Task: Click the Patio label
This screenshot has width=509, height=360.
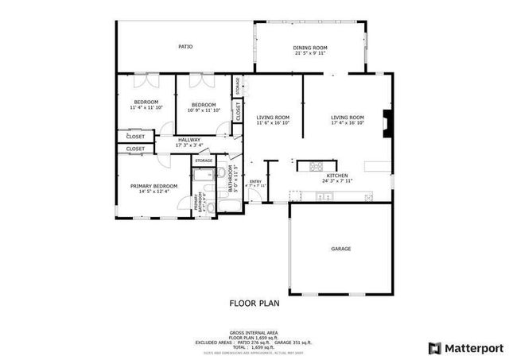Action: click(x=185, y=47)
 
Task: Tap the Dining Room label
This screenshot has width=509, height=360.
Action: click(x=311, y=48)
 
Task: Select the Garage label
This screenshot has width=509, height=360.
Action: click(x=341, y=249)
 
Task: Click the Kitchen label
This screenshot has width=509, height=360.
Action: click(x=336, y=175)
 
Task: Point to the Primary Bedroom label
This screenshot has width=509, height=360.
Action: click(x=154, y=186)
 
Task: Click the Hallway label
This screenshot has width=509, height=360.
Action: click(x=189, y=140)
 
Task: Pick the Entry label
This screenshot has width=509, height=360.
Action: click(x=255, y=181)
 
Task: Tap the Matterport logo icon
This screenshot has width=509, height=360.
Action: click(x=433, y=347)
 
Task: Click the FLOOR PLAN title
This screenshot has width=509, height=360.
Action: click(x=254, y=303)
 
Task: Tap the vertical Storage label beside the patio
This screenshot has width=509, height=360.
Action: click(x=237, y=86)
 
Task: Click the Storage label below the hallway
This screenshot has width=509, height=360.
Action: click(x=204, y=161)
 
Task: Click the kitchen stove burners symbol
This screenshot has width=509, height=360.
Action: click(x=317, y=166)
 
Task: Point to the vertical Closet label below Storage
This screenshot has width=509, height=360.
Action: click(x=238, y=110)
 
